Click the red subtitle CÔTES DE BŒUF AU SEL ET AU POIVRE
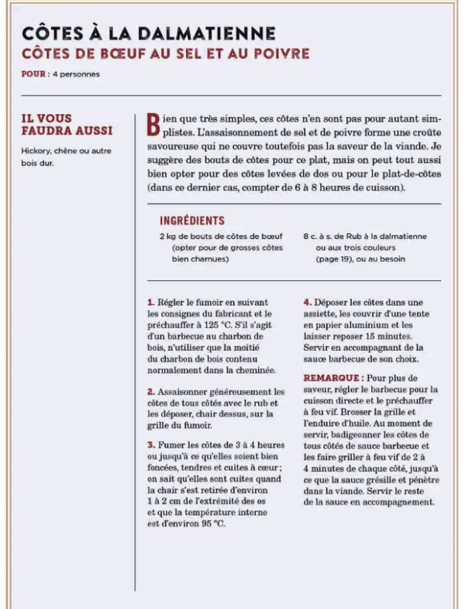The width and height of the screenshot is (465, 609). (x=166, y=54)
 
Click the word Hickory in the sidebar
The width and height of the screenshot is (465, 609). (x=38, y=150)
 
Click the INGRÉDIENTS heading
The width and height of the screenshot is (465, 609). (x=191, y=220)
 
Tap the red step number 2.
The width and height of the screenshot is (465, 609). (x=150, y=392)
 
